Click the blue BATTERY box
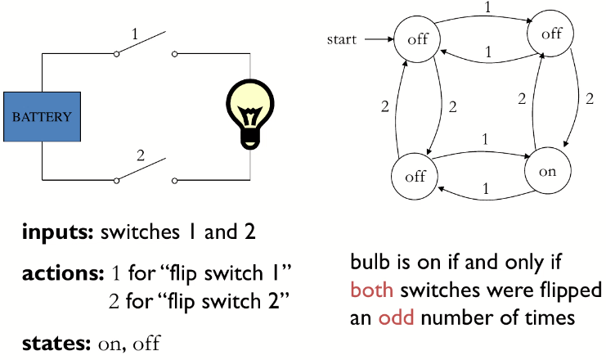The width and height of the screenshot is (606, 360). (x=42, y=116)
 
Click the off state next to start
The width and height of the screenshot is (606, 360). (x=417, y=39)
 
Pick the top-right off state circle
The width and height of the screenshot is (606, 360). (x=551, y=34)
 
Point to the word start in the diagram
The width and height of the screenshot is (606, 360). (x=342, y=38)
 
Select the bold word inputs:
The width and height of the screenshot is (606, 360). (x=58, y=232)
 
